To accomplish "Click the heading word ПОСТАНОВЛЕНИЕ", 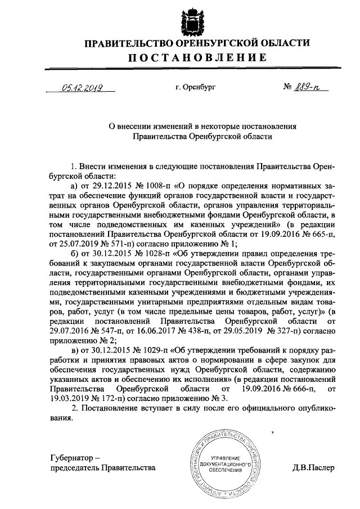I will pyautogui.click(x=197, y=58).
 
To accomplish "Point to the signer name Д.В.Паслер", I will pyautogui.click(x=313, y=467).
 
